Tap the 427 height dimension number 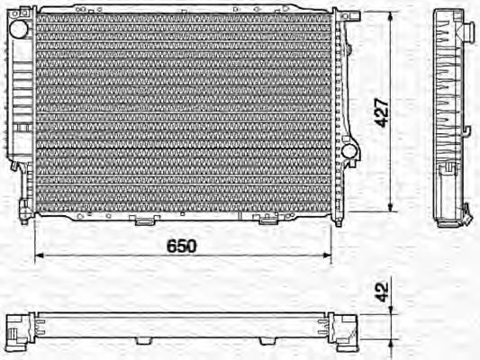(x=382, y=112)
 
